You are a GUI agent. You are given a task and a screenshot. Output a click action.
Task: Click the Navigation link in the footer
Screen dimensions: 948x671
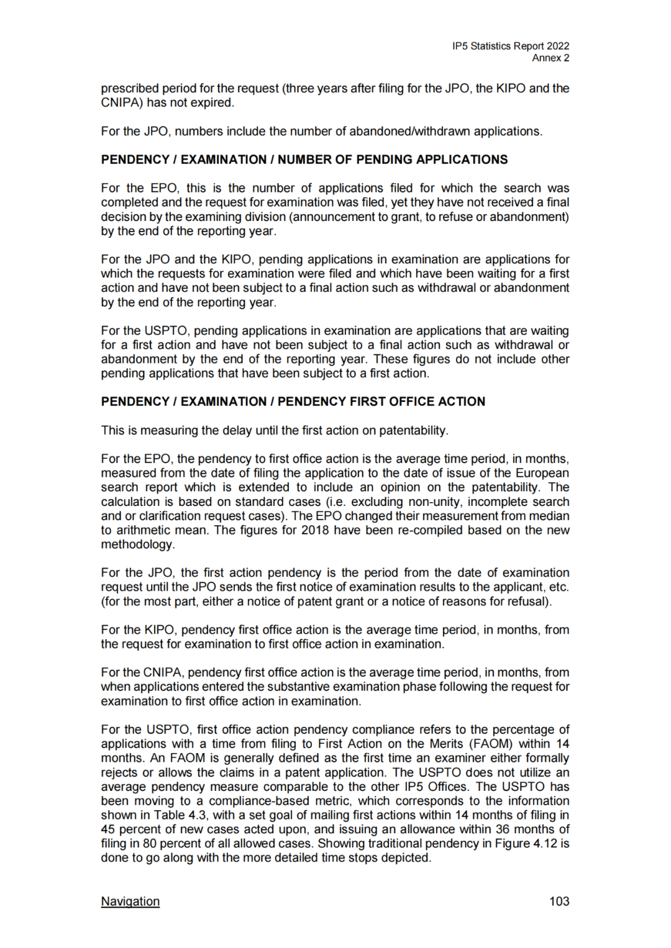click(x=130, y=901)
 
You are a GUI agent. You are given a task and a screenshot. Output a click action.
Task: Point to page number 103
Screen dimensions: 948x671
click(x=559, y=901)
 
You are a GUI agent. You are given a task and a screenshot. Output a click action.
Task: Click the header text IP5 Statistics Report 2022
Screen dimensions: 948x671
click(x=511, y=46)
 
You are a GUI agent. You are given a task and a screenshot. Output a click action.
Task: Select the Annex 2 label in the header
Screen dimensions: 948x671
click(x=550, y=58)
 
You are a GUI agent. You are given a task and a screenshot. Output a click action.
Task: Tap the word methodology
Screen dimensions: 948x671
click(x=137, y=544)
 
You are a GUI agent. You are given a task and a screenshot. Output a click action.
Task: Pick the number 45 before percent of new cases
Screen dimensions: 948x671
click(x=108, y=829)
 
